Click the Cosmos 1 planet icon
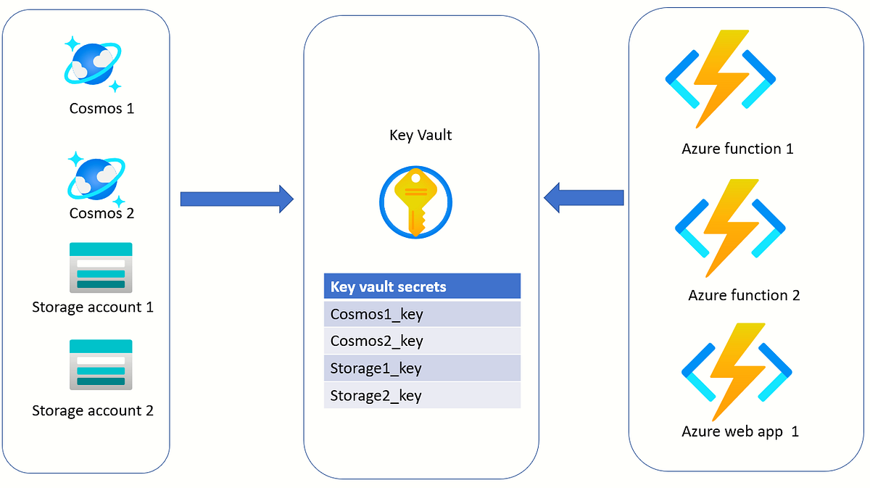pyautogui.click(x=93, y=65)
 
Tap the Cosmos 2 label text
pyautogui.click(x=101, y=213)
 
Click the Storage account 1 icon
pyautogui.click(x=101, y=266)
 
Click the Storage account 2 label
pyautogui.click(x=93, y=410)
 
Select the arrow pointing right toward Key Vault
pyautogui.click(x=236, y=199)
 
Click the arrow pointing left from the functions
pyautogui.click(x=584, y=197)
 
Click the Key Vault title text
pyautogui.click(x=420, y=136)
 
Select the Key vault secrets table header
pyautogui.click(x=422, y=286)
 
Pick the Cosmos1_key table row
pyautogui.click(x=422, y=314)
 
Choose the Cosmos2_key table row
pyautogui.click(x=422, y=341)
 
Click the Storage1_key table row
pyautogui.click(x=422, y=368)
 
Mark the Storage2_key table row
pyautogui.click(x=422, y=395)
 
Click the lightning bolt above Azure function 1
pyautogui.click(x=720, y=78)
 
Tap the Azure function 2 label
pyautogui.click(x=744, y=295)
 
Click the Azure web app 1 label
pyautogui.click(x=740, y=431)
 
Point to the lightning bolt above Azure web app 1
pyautogui.click(x=736, y=371)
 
